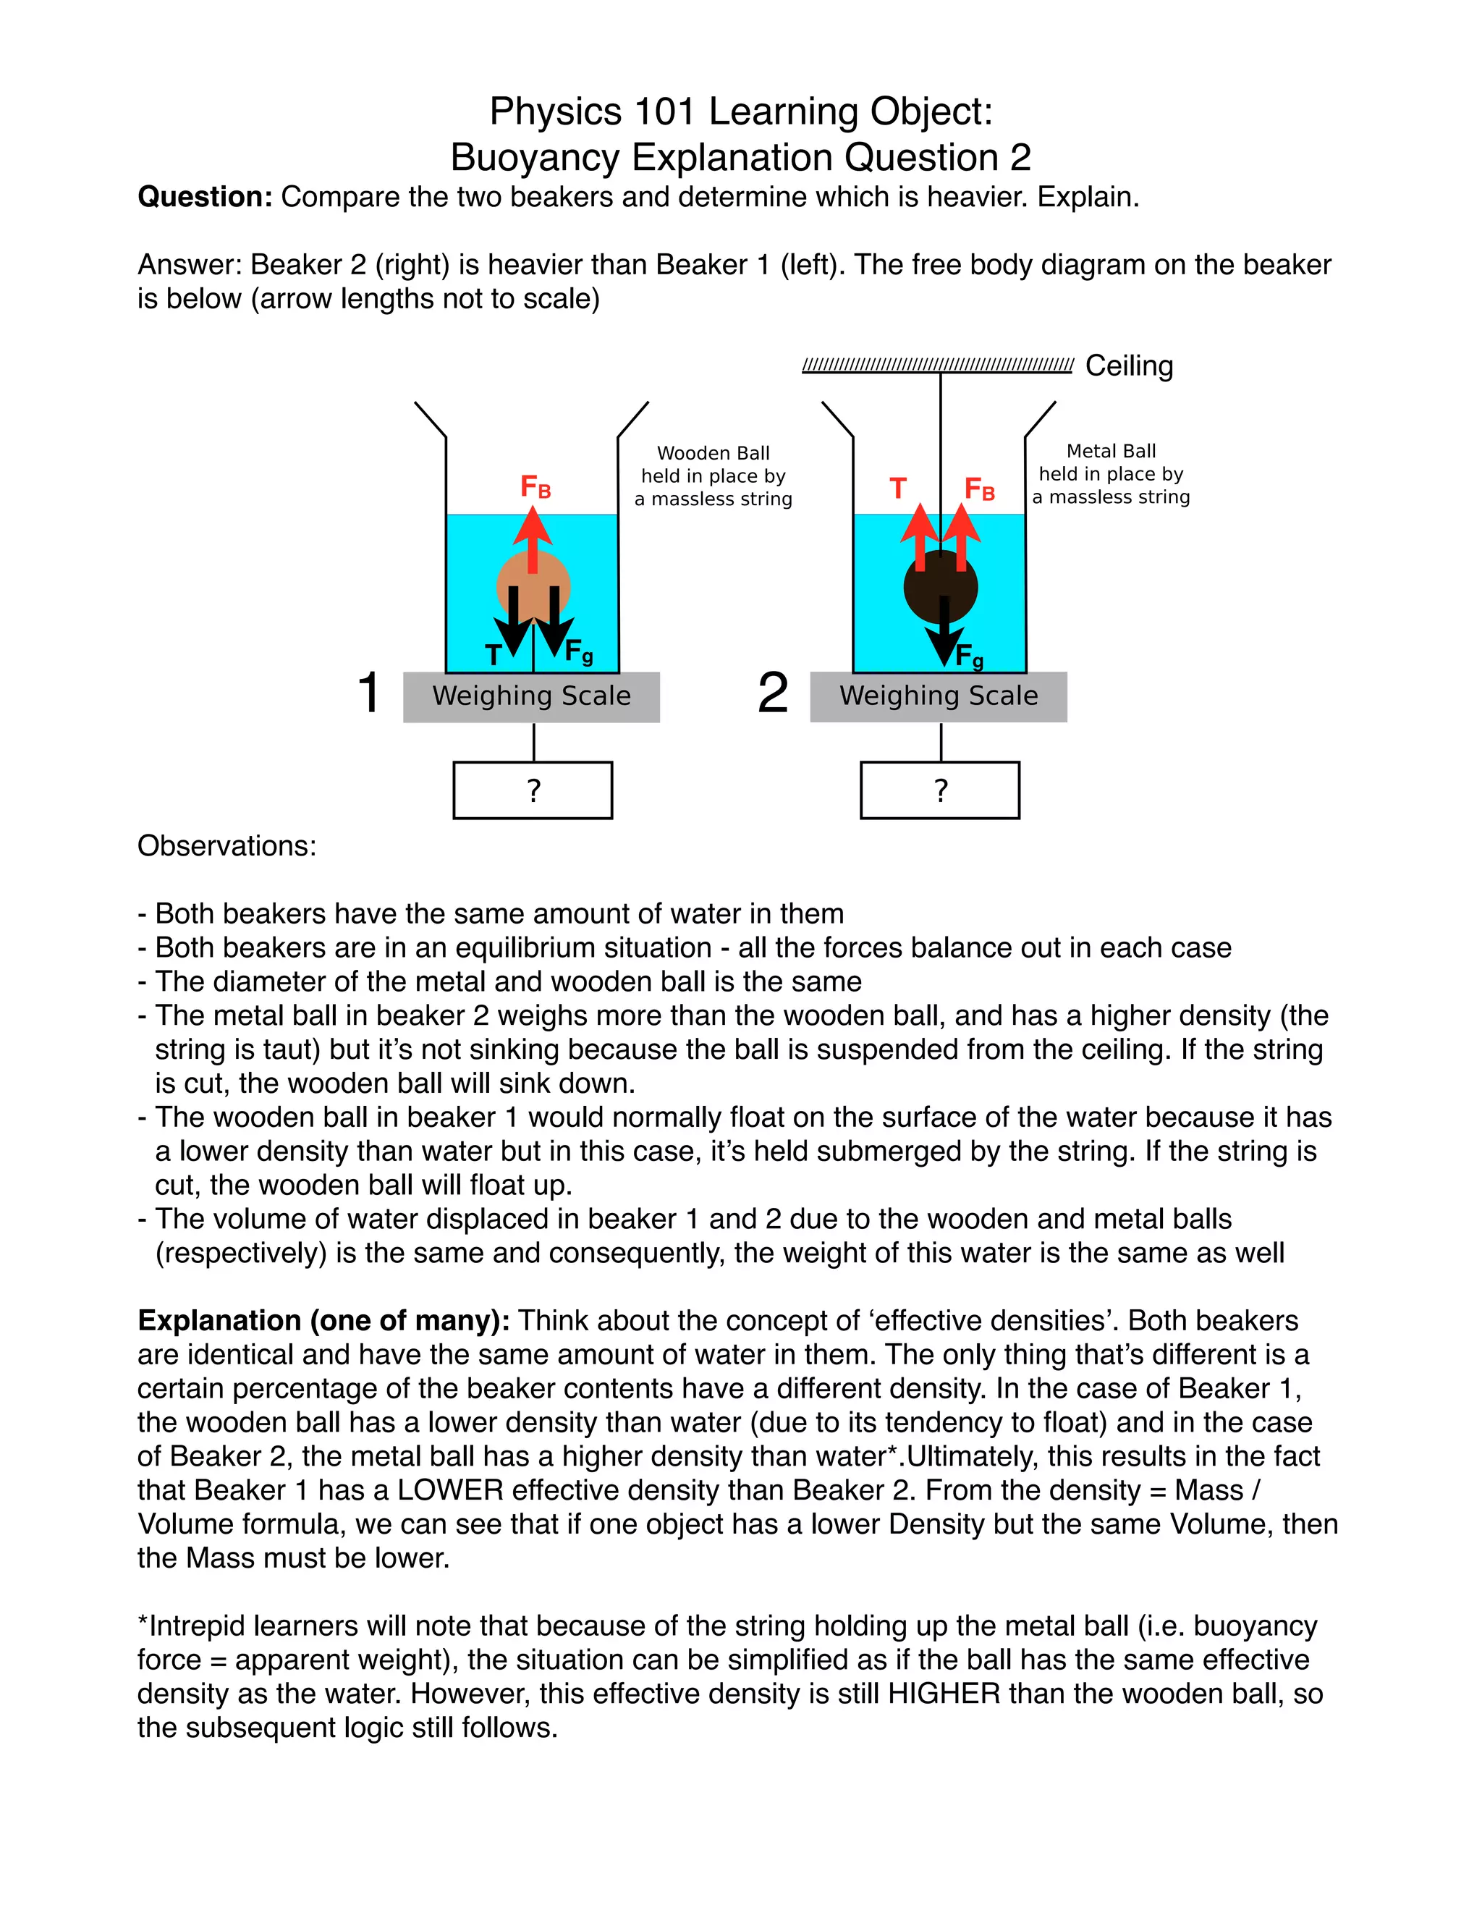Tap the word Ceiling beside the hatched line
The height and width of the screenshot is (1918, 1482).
point(1129,366)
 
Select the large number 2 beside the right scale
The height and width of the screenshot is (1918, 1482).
point(773,692)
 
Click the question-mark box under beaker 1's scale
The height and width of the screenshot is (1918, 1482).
point(533,790)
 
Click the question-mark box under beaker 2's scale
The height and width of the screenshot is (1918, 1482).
point(939,790)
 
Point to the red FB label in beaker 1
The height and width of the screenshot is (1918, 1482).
point(535,486)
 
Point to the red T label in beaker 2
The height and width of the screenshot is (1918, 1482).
point(897,489)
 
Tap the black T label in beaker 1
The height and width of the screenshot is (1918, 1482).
point(494,654)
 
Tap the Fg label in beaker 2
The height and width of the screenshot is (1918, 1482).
point(969,655)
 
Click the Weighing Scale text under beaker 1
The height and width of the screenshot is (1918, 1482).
point(531,696)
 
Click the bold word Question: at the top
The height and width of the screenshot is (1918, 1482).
point(206,197)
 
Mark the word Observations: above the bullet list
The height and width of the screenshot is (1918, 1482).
point(226,845)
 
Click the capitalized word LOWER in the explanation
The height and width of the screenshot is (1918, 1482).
point(449,1490)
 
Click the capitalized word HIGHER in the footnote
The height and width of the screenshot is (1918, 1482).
point(944,1693)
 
